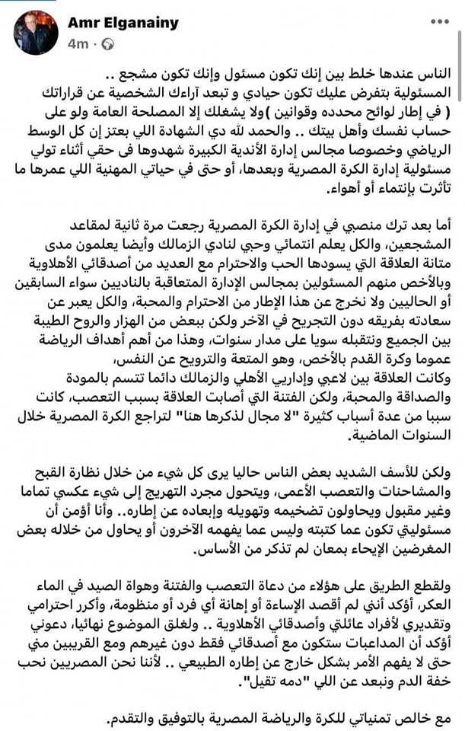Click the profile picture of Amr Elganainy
[34, 33]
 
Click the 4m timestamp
[78, 44]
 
